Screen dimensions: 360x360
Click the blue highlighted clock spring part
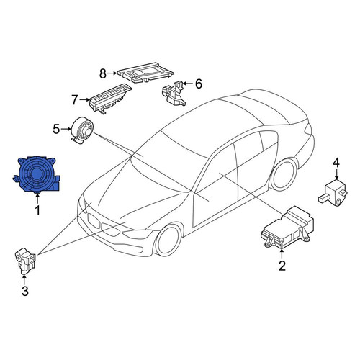(x=36, y=175)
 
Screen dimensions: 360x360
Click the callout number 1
(x=37, y=210)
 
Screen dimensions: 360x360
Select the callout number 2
(x=282, y=266)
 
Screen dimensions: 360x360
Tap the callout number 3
(x=25, y=291)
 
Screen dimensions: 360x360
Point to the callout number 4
(x=336, y=163)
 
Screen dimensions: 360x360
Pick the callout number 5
(x=56, y=129)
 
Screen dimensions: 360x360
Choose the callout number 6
(x=199, y=84)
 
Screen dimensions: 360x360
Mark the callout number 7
(x=75, y=99)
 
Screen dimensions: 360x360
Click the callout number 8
(x=103, y=73)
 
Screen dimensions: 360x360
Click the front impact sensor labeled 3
(x=25, y=261)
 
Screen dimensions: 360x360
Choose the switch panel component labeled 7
(x=110, y=99)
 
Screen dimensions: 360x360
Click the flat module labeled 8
(x=145, y=73)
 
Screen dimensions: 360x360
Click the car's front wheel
(x=168, y=240)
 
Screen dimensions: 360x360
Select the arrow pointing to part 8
(x=112, y=73)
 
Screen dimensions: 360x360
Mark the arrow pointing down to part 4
(x=336, y=174)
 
